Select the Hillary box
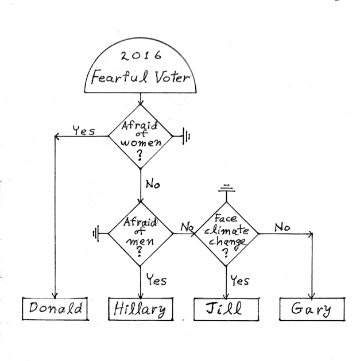141,310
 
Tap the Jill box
226,310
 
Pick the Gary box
312,310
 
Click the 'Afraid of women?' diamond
141,137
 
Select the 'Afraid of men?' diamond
141,234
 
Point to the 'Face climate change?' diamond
227,234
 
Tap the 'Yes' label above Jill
239,281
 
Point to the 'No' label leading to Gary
281,227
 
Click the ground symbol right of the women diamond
187,137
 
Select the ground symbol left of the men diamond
96,234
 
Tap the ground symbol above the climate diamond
227,189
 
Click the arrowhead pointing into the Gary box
312,294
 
